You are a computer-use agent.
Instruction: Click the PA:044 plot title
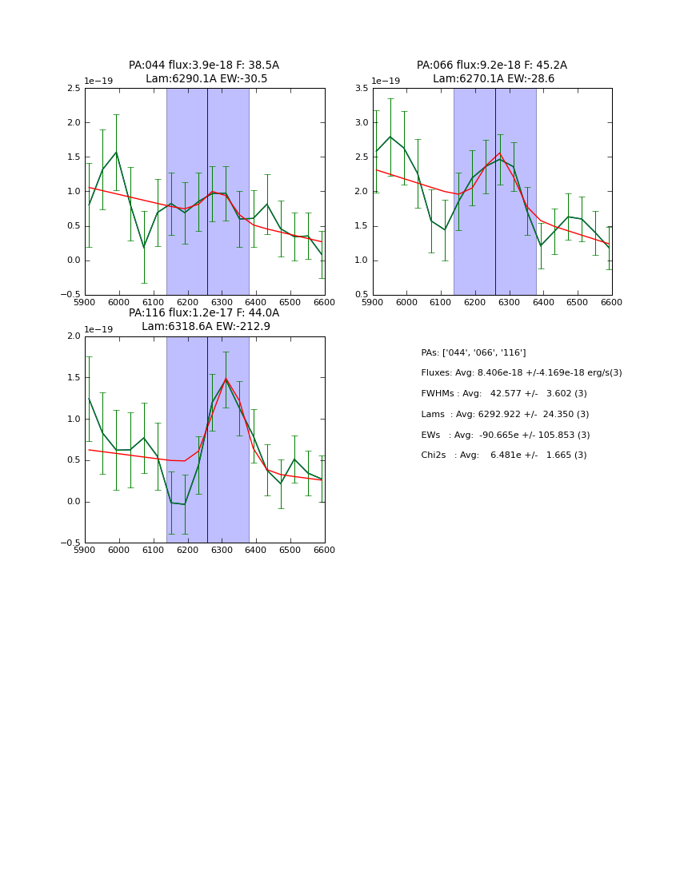coord(204,66)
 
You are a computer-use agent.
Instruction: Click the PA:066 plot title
coord(491,66)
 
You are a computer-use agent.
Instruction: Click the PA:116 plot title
coord(204,313)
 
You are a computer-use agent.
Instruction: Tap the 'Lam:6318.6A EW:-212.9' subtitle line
coord(206,326)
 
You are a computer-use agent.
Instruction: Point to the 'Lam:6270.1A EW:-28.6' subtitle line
coord(493,78)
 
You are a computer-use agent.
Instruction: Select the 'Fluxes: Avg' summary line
coord(521,373)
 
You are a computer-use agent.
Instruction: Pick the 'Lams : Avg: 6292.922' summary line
coord(505,414)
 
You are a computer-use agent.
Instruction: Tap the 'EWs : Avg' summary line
coord(505,435)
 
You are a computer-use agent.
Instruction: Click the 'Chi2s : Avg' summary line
coord(503,455)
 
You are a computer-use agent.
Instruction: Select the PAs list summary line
coord(473,352)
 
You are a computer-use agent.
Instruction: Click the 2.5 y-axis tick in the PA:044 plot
coord(73,89)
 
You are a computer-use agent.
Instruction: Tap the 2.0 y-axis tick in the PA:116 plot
coord(73,336)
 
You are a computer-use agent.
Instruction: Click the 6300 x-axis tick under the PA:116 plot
coord(222,550)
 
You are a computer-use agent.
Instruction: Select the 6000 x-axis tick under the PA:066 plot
coord(406,302)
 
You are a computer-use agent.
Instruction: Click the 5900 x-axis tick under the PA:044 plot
coord(85,302)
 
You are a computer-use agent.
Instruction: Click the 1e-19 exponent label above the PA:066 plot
coord(386,81)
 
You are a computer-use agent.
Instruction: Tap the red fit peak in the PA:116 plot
coord(226,378)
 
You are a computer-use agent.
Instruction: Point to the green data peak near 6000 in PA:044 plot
coord(116,152)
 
